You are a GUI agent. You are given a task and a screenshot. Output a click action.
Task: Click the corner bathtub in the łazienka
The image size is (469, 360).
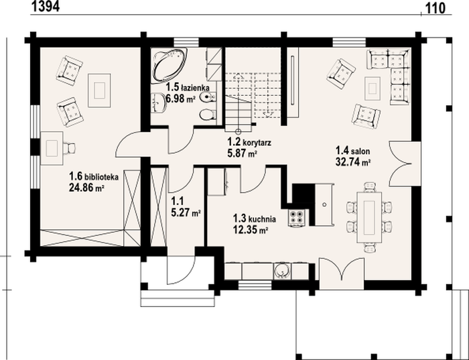170,65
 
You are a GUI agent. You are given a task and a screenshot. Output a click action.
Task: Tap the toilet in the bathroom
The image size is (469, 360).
207,115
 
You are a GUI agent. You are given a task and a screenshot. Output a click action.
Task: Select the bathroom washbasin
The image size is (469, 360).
159,103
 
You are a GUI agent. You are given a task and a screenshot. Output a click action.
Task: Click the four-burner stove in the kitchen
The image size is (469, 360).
296,217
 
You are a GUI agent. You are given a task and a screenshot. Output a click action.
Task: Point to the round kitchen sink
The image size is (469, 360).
282,271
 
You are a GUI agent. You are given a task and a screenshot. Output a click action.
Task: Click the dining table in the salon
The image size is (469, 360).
369,217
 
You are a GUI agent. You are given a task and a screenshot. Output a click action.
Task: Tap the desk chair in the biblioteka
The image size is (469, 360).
70,148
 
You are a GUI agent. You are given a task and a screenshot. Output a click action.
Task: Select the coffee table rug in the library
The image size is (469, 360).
99,91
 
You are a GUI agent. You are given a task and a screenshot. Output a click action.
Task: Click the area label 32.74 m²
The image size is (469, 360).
353,162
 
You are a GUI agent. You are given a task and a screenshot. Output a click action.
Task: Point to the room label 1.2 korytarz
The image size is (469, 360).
249,142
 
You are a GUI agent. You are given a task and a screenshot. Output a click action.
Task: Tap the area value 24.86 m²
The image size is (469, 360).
86,188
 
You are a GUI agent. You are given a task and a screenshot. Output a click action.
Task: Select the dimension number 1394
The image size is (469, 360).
46,6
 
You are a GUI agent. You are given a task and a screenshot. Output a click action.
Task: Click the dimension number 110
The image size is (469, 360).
435,8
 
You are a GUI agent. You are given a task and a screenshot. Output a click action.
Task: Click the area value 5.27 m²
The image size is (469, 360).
186,213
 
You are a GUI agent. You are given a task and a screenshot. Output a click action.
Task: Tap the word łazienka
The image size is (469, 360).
196,88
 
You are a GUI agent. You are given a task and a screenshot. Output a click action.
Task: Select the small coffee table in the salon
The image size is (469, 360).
373,88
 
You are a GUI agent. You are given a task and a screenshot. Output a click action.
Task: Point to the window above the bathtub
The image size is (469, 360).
186,42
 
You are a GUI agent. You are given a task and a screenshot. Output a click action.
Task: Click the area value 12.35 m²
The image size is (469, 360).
251,230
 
